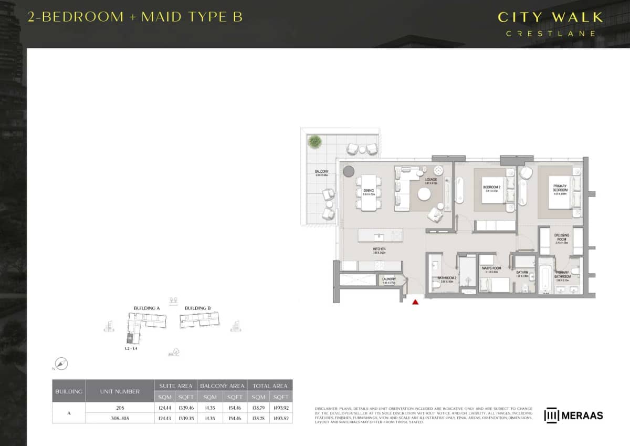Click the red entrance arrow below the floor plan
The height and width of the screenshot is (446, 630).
[415, 302]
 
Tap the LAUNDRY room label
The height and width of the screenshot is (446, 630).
[389, 279]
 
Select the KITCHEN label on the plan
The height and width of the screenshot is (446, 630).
[380, 249]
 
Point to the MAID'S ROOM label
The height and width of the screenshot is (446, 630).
[491, 268]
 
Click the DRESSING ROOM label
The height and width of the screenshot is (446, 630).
[562, 237]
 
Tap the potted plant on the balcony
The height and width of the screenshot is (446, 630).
[315, 141]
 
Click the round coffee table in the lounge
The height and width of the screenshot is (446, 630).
[424, 194]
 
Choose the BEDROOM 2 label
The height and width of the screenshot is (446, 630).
[491, 188]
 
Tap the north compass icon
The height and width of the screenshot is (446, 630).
[62, 364]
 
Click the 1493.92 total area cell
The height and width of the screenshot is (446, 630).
[280, 407]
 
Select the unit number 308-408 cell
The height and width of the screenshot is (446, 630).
[120, 418]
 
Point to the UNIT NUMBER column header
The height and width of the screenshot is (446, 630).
[120, 391]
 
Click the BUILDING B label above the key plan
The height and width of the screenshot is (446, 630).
[198, 308]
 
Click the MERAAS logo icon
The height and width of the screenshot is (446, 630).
[551, 415]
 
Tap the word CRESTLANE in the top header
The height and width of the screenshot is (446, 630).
[551, 34]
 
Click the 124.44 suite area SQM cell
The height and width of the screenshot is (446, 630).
[165, 407]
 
